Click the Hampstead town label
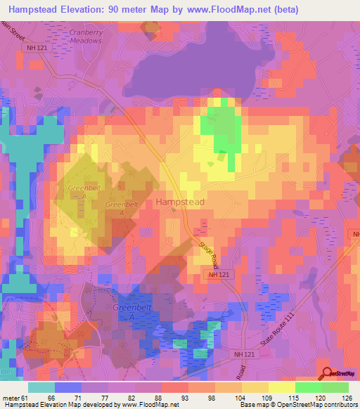(x=179, y=202)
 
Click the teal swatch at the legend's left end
(x=41, y=387)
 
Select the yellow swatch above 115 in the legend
(x=282, y=387)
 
